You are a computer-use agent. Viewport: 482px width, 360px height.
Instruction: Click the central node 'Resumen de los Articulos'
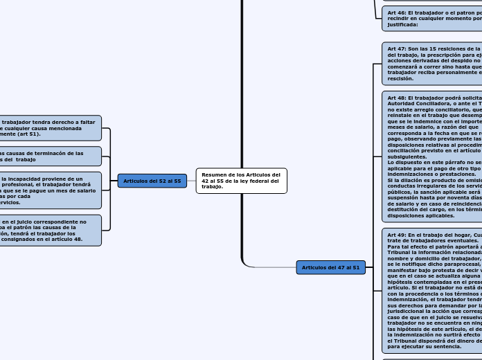241,181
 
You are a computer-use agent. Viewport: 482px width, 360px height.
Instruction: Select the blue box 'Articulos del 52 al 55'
152,181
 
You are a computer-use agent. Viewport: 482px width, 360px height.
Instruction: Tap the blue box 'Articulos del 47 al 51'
330,267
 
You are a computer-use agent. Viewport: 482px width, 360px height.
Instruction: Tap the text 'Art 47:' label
397,49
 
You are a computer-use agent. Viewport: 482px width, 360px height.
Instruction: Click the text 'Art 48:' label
397,98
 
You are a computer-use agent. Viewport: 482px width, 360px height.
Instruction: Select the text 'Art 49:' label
397,235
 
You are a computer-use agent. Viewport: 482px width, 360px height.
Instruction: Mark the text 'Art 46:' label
397,12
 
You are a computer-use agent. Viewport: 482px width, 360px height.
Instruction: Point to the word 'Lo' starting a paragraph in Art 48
391,163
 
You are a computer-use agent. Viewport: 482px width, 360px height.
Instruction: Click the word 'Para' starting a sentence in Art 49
394,246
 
